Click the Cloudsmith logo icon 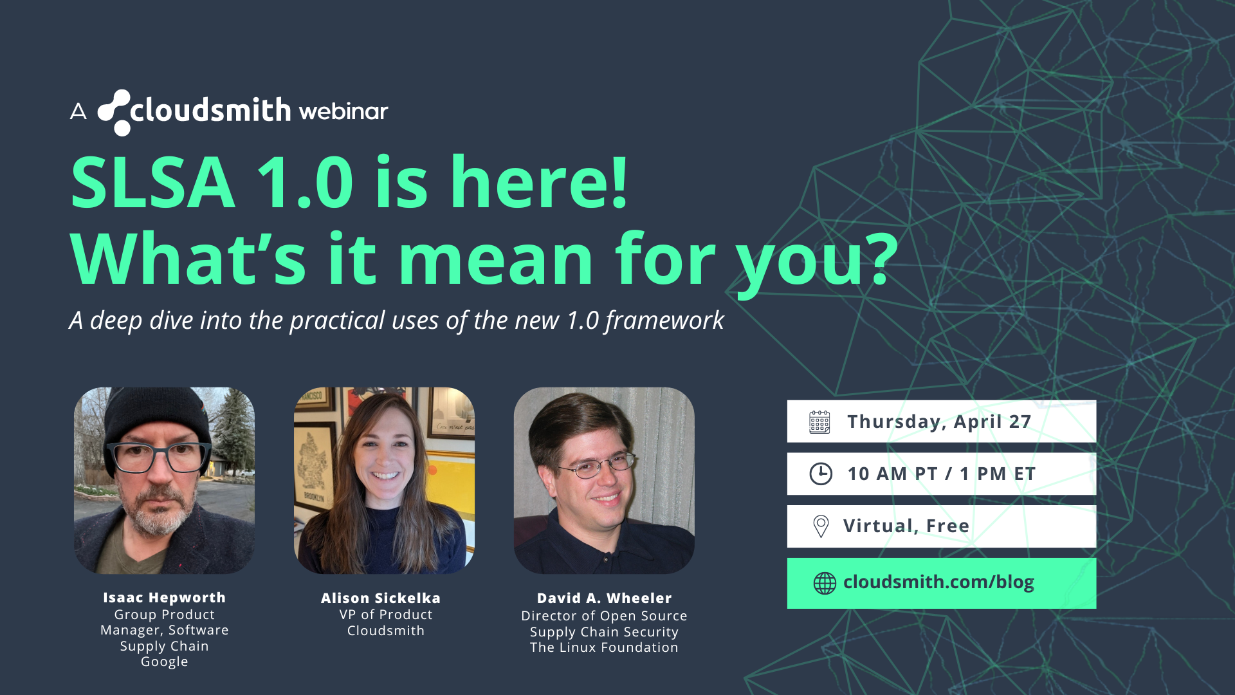click(x=114, y=113)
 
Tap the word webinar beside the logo click(x=343, y=111)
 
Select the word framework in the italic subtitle click(x=664, y=320)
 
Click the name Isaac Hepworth click(x=165, y=598)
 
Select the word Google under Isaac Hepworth click(x=165, y=662)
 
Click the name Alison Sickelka click(x=381, y=598)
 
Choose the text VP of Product click(x=386, y=615)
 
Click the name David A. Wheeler click(x=605, y=598)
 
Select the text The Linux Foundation click(x=604, y=647)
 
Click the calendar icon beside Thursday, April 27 click(x=819, y=422)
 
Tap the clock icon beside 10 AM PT click(x=821, y=474)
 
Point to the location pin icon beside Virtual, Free click(x=821, y=526)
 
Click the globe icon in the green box click(x=825, y=583)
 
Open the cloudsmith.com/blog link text click(x=938, y=582)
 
